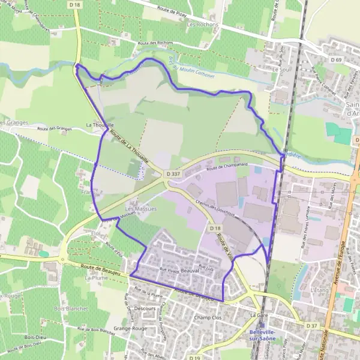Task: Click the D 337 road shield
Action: tap(172, 174)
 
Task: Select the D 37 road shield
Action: tap(311, 326)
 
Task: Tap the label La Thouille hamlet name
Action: tap(100, 125)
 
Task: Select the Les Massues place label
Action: tap(141, 209)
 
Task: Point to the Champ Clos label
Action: tap(208, 317)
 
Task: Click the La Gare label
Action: tap(259, 314)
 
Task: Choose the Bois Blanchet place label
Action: tap(70, 309)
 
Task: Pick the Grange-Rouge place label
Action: tap(130, 329)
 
